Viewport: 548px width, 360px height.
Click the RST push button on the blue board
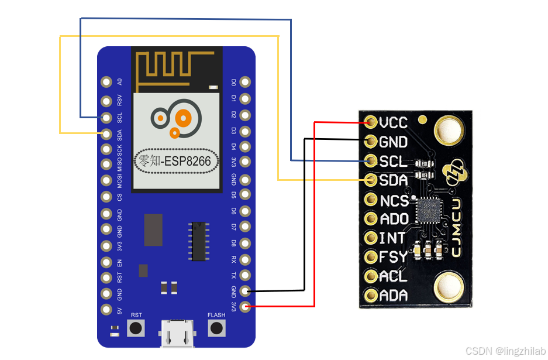pyautogui.click(x=136, y=328)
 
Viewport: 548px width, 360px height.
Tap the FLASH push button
pyautogui.click(x=217, y=328)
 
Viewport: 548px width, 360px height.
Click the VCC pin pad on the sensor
pyautogui.click(x=371, y=122)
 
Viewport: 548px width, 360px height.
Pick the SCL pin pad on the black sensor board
pyautogui.click(x=371, y=160)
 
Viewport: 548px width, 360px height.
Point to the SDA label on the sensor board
pyautogui.click(x=393, y=180)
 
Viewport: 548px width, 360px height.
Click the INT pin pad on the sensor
pyautogui.click(x=371, y=238)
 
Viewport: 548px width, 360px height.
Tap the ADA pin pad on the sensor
pyautogui.click(x=371, y=295)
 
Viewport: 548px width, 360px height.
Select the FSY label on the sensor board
pyautogui.click(x=393, y=257)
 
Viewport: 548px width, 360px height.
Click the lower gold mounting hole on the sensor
pyautogui.click(x=449, y=287)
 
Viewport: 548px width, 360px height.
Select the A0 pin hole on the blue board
pyautogui.click(x=106, y=83)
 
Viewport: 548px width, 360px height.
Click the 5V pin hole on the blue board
pyautogui.click(x=106, y=309)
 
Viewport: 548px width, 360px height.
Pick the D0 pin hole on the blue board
pyautogui.click(x=246, y=83)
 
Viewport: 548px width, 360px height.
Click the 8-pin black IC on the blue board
pyautogui.click(x=199, y=241)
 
